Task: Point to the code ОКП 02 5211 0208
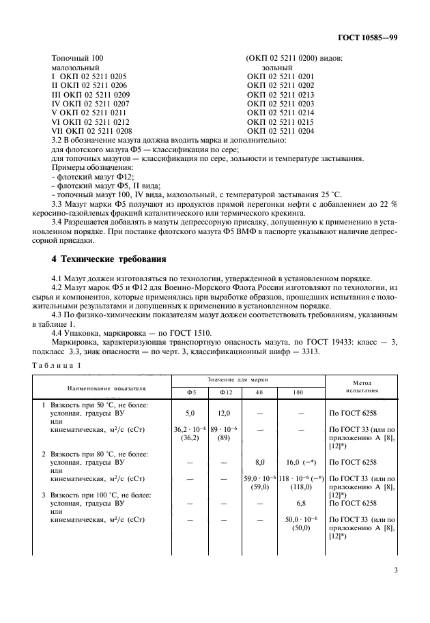tap(96, 130)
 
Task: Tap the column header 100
tap(298, 392)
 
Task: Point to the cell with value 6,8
tap(298, 503)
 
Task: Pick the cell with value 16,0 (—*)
tap(298, 462)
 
